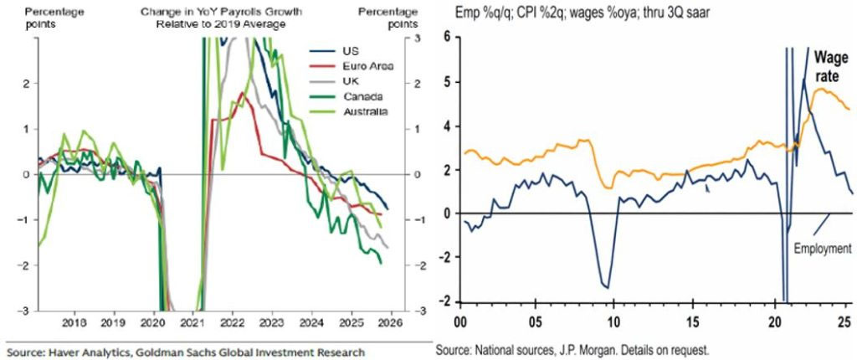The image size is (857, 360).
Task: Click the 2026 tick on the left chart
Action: pyautogui.click(x=391, y=321)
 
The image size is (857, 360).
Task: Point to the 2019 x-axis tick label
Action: pyautogui.click(x=115, y=321)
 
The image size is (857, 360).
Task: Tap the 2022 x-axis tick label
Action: pyautogui.click(x=233, y=321)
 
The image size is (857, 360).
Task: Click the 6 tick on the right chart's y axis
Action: pyautogui.click(x=447, y=38)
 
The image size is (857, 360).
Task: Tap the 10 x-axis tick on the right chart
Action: pyautogui.click(x=614, y=321)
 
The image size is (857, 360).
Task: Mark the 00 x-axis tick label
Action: pyautogui.click(x=459, y=321)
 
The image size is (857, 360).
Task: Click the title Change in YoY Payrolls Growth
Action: pyautogui.click(x=221, y=12)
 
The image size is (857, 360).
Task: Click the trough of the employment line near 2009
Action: pyautogui.click(x=604, y=286)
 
